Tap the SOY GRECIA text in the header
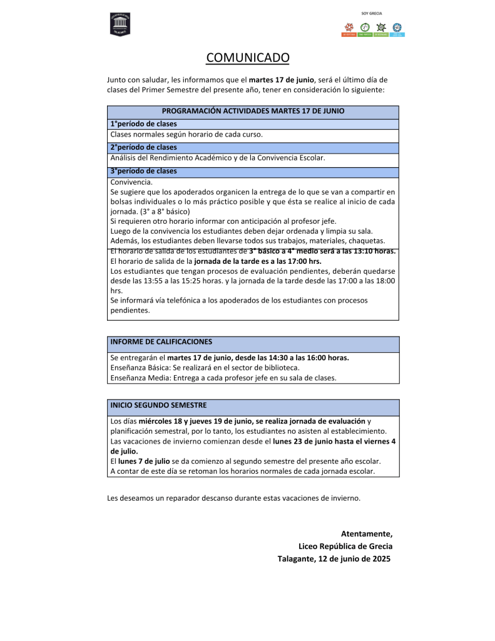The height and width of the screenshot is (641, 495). pyautogui.click(x=372, y=13)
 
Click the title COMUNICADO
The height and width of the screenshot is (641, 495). pyautogui.click(x=248, y=58)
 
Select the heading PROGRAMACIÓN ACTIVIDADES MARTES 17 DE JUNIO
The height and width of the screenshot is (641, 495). pyautogui.click(x=253, y=111)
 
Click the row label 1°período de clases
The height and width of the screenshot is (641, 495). pyautogui.click(x=143, y=123)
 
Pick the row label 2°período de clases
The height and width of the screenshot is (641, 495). pyautogui.click(x=143, y=147)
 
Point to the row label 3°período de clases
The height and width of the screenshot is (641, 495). pyautogui.click(x=143, y=170)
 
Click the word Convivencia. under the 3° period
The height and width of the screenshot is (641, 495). pyautogui.click(x=131, y=182)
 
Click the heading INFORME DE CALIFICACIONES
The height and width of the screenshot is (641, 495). pyautogui.click(x=161, y=342)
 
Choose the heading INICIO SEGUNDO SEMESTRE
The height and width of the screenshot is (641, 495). pyautogui.click(x=158, y=405)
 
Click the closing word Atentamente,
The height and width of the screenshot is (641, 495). pyautogui.click(x=367, y=534)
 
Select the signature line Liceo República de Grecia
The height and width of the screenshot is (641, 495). pyautogui.click(x=345, y=546)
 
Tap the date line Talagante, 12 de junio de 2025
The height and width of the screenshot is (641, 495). pyautogui.click(x=334, y=558)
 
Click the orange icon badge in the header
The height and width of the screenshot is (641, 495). pyautogui.click(x=349, y=29)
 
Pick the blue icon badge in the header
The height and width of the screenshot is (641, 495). pyautogui.click(x=397, y=29)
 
